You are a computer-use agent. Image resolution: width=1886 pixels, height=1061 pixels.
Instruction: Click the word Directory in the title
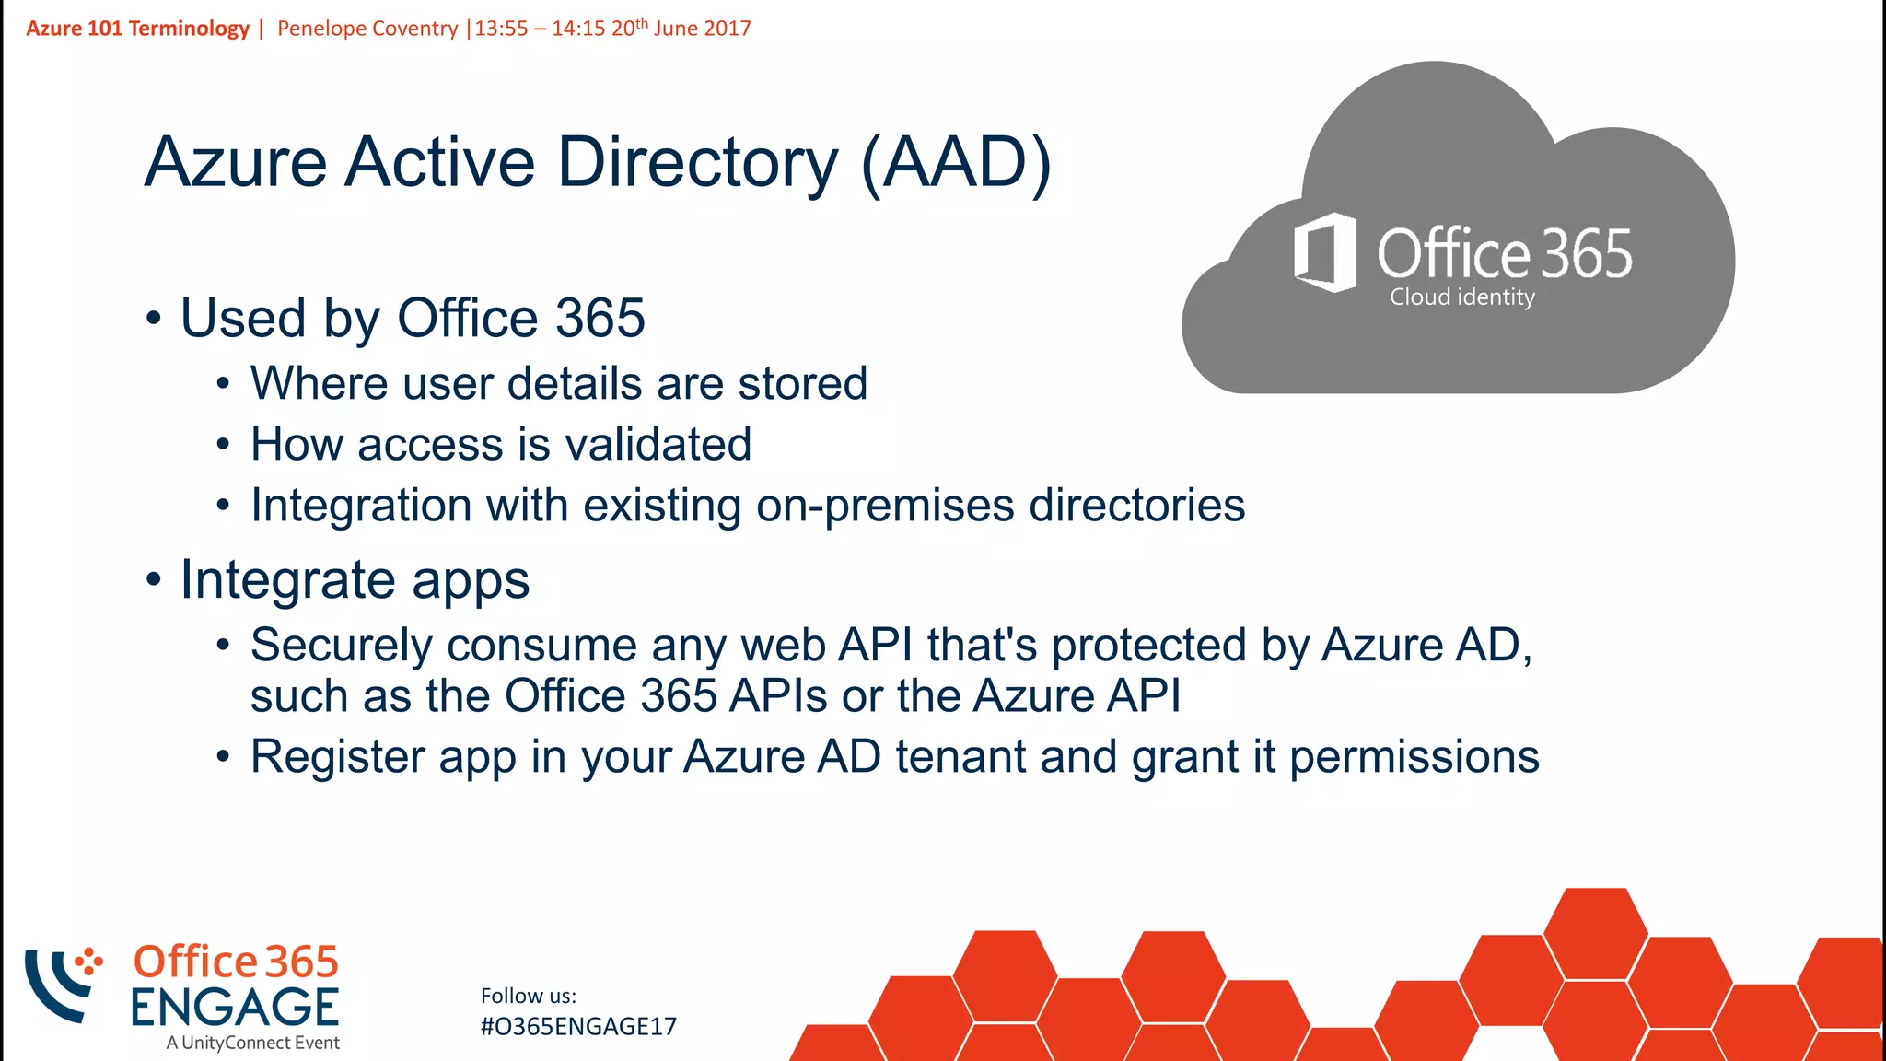tap(697, 163)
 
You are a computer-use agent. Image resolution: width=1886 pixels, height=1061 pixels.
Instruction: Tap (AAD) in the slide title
tap(956, 163)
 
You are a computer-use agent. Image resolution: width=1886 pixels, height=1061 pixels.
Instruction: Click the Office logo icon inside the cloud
tap(1326, 251)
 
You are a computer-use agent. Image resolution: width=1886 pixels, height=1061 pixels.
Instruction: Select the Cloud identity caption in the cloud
tap(1461, 297)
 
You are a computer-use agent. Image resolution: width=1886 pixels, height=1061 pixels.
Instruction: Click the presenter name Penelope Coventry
tap(367, 29)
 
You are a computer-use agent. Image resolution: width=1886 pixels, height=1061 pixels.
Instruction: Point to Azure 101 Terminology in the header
tap(138, 29)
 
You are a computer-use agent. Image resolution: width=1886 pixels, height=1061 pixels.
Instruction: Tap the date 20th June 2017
tap(681, 29)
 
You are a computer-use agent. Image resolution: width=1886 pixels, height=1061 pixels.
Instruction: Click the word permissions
tap(1414, 757)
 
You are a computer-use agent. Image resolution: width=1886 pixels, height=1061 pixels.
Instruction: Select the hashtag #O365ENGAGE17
tap(578, 1027)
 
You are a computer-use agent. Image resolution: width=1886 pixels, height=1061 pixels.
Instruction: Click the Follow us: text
tap(529, 996)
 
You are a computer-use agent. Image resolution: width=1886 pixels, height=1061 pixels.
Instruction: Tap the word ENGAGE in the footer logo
tap(235, 1007)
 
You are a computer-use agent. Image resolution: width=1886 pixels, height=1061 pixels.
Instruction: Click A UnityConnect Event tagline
tap(253, 1043)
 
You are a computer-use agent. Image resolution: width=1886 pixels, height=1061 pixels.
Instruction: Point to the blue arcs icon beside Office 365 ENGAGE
tap(61, 984)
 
